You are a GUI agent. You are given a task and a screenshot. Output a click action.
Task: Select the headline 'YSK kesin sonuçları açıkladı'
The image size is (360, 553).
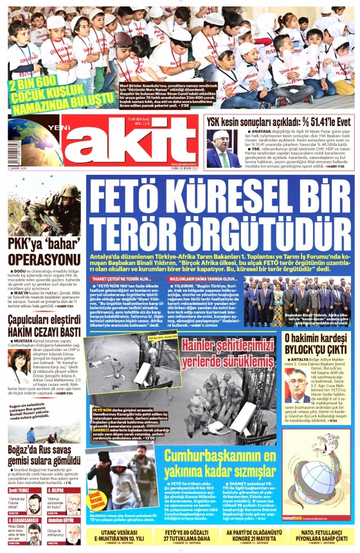[278, 120]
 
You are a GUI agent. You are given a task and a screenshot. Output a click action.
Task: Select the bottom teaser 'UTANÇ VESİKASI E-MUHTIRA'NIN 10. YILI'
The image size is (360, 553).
[122, 536]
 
